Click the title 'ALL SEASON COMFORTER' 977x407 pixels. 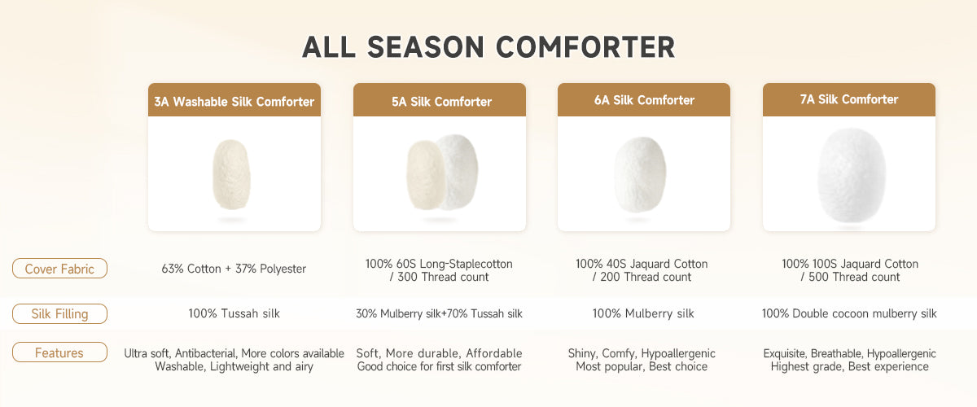coord(488,47)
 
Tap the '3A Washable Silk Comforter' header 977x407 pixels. coord(234,102)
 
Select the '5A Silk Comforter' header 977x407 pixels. coord(441,102)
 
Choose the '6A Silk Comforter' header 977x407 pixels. coord(644,100)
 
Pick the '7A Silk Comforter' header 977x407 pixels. coord(848,99)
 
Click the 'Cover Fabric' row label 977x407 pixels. coord(59,269)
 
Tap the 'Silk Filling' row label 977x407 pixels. coord(59,313)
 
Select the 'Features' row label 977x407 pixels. coord(59,352)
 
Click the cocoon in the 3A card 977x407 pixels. coord(231,174)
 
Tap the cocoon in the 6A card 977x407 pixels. coord(640,174)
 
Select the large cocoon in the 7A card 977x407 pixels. coord(851,175)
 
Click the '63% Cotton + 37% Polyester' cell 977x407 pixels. coord(234,269)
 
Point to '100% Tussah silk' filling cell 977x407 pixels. coord(234,313)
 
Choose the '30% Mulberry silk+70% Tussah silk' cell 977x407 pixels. coord(439,313)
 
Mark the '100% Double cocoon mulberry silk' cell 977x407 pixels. coord(849,313)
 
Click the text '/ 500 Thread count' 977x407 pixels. coord(850,277)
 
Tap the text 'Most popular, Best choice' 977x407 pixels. coord(642,366)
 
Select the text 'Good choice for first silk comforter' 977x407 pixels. coord(439,366)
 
